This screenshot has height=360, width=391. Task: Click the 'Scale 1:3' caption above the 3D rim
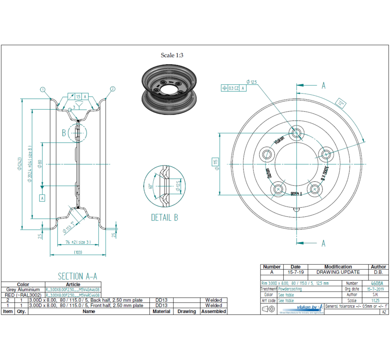(172, 55)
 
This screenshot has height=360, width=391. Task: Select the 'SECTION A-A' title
(77, 276)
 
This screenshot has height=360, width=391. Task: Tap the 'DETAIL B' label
(164, 217)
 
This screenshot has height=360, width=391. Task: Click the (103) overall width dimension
(78, 252)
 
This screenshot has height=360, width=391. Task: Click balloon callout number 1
(43, 89)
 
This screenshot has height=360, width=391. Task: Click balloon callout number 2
(112, 89)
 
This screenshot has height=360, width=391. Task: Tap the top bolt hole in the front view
(297, 133)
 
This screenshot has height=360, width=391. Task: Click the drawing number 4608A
(377, 284)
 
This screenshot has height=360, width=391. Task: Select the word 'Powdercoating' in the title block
(290, 289)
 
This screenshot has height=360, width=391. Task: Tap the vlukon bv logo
(307, 308)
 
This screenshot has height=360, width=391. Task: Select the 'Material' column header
(161, 311)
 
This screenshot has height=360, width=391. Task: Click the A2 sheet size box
(384, 312)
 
